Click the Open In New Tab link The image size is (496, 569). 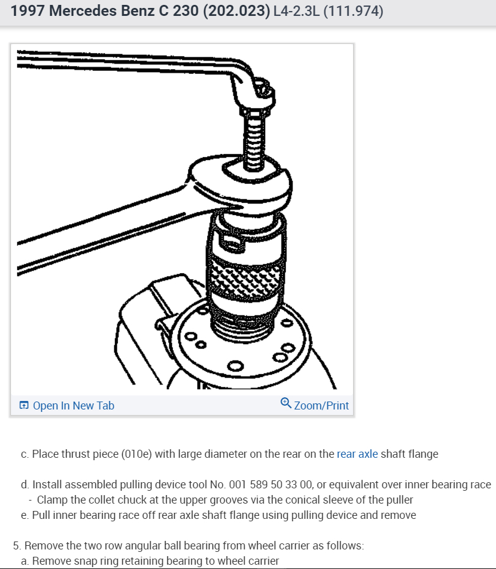[x=73, y=405]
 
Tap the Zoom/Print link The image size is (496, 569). [x=321, y=405]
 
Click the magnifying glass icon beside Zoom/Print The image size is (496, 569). [x=286, y=403]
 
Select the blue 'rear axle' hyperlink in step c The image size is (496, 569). [x=357, y=454]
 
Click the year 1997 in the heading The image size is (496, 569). [x=27, y=10]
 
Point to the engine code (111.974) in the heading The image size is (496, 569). [x=353, y=11]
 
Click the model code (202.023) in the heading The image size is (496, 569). [x=236, y=11]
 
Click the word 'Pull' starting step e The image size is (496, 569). [x=40, y=515]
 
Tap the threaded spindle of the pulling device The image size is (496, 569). [x=254, y=142]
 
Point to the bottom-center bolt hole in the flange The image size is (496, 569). [x=236, y=365]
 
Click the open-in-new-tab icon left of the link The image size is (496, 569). [x=24, y=405]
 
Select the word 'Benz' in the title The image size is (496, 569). [x=137, y=11]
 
